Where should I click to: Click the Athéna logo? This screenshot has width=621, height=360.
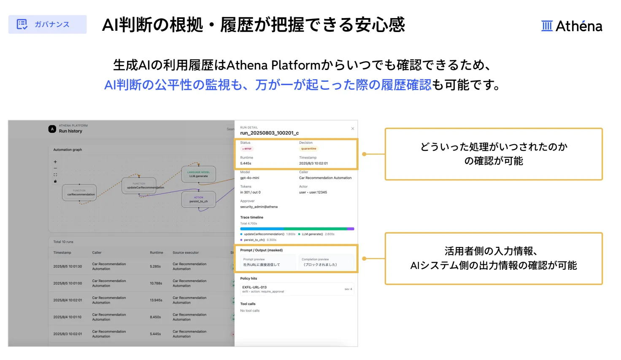tap(572, 26)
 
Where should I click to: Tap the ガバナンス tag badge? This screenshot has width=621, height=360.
tap(47, 24)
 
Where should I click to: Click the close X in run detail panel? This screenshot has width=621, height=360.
tap(353, 129)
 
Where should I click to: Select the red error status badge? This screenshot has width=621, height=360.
tap(247, 149)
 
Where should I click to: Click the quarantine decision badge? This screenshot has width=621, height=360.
tap(308, 149)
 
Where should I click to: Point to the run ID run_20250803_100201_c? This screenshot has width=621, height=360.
tap(269, 133)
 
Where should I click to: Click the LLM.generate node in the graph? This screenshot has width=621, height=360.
tap(198, 174)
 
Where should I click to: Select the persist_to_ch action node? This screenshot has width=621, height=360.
tap(198, 199)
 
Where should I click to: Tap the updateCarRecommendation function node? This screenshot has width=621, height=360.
tap(139, 186)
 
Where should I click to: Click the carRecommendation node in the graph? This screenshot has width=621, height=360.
tap(79, 193)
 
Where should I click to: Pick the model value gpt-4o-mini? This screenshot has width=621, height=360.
tap(250, 178)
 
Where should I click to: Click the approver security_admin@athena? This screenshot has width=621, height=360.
tap(259, 207)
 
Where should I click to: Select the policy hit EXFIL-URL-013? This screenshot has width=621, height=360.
tap(254, 287)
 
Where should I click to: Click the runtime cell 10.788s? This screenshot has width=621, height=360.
tap(156, 283)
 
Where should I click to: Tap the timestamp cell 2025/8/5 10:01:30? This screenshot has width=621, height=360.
tap(67, 266)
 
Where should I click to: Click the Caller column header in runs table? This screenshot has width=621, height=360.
tap(97, 253)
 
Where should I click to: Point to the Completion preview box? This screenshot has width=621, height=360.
tap(326, 262)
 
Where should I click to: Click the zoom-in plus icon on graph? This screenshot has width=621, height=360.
tap(55, 162)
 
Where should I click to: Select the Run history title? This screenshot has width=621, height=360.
tap(70, 131)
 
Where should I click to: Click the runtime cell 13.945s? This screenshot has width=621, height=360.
tap(156, 300)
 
